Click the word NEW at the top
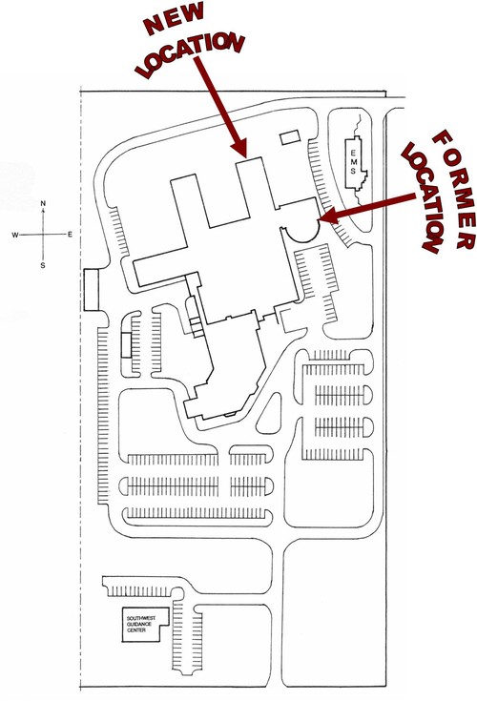175,19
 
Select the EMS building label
354,163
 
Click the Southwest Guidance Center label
141,624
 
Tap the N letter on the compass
43,204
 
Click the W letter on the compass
15,235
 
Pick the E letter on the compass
70,235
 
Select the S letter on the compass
43,265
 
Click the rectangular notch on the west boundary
91,289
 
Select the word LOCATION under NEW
192,53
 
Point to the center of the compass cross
43,235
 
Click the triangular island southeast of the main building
270,414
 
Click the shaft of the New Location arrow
216,97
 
